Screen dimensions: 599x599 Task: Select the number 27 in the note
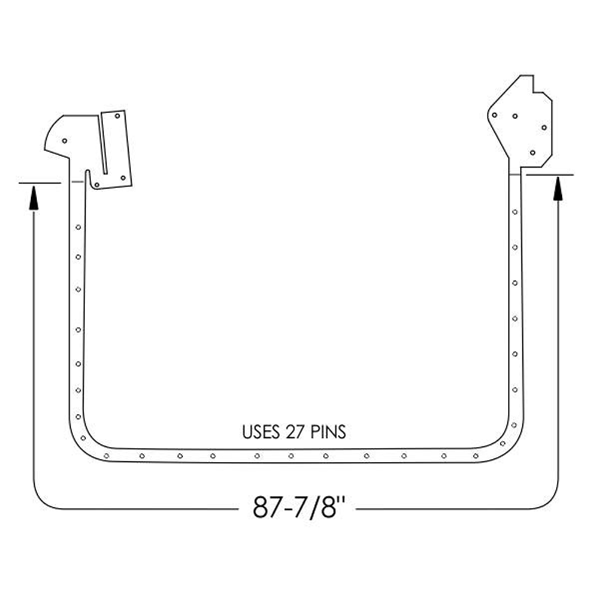(295, 432)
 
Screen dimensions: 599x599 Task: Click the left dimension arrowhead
(34, 198)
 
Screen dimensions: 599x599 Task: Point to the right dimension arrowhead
(558, 188)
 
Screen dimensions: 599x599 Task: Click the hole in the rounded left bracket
(65, 141)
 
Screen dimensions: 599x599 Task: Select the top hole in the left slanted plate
(117, 116)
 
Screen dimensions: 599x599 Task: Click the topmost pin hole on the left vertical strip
(78, 227)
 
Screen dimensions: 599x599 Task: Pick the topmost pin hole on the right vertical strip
(515, 212)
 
